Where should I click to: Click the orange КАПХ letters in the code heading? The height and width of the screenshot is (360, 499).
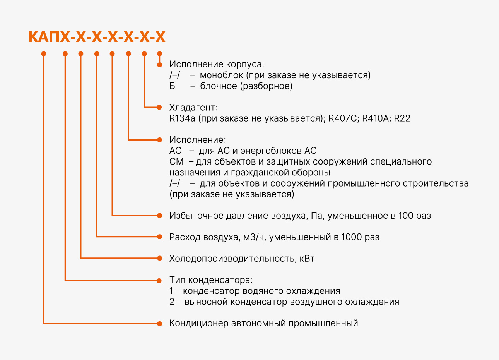pos(49,37)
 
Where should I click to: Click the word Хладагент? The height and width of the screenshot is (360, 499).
pos(192,108)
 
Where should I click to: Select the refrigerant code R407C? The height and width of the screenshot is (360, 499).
pos(343,118)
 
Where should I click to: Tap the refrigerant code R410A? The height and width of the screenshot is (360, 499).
pos(375,118)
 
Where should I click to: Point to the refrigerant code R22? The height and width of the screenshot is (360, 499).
pos(402,118)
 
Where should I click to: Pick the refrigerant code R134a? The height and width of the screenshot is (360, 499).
pos(182,118)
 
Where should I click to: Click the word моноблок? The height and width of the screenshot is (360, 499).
pos(221,75)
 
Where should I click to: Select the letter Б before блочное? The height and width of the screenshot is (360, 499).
pos(172,86)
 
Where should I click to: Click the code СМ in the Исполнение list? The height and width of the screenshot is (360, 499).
pos(176,161)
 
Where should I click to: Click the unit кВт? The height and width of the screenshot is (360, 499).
pos(307,259)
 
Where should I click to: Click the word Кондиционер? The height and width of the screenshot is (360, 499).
pos(199,323)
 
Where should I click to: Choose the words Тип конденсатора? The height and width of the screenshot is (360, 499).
pos(210,280)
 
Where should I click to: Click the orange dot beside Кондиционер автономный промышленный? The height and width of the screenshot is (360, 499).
pos(159,324)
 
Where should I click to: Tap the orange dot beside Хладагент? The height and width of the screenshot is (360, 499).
pos(159,108)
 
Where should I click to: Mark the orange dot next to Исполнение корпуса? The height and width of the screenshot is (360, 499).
pos(159,65)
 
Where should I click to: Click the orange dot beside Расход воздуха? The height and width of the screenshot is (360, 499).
pos(159,237)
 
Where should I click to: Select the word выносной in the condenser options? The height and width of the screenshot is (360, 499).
pos(206,302)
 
